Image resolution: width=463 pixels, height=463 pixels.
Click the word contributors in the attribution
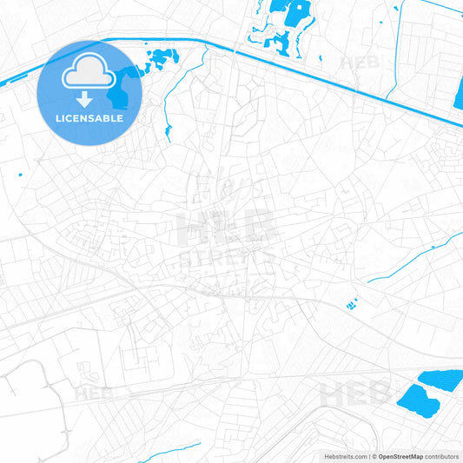(442, 456)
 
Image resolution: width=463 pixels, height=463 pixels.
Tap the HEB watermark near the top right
(361, 63)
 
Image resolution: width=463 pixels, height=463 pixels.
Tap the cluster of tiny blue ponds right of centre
(352, 304)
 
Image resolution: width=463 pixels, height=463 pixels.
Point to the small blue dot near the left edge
(22, 178)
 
